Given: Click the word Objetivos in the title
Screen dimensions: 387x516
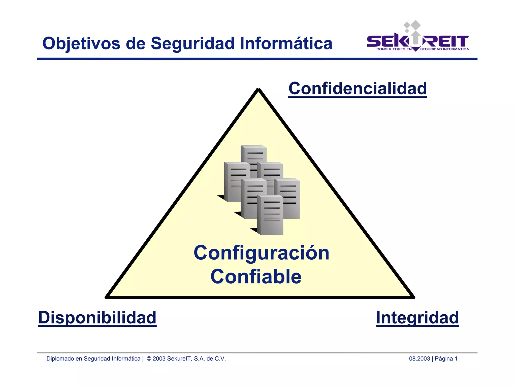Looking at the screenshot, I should [81, 43].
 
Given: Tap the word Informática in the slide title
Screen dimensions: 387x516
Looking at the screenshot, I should [286, 43].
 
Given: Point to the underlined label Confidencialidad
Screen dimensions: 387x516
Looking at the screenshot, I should [358, 89].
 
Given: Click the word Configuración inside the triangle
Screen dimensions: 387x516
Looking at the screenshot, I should [262, 253].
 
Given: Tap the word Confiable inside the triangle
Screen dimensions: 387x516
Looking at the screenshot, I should [256, 277].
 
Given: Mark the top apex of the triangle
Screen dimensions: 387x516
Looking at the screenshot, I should [258, 89].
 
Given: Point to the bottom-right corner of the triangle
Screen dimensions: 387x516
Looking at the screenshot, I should [413, 297].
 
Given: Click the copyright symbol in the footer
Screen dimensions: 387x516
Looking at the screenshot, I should [149, 358].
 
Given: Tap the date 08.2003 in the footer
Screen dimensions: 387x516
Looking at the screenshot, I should [419, 358].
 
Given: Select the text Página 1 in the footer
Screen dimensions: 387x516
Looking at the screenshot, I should [446, 358].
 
